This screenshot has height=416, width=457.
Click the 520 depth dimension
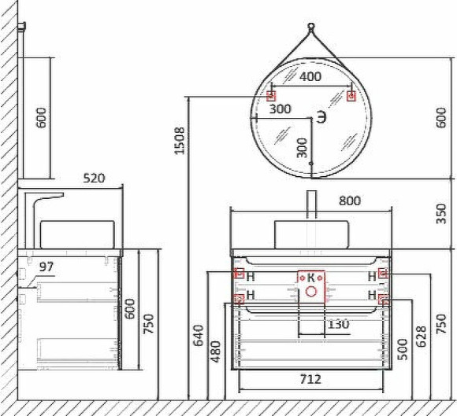click(94, 179)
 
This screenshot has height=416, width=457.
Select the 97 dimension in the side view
click(46, 267)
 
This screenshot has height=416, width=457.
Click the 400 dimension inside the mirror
click(310, 77)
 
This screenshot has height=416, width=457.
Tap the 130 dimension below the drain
click(339, 323)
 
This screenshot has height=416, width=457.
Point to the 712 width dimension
click(310, 379)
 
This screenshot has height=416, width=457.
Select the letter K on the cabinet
click(310, 277)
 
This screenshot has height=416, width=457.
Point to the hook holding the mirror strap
click(312, 26)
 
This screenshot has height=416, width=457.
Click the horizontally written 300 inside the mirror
click(280, 109)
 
